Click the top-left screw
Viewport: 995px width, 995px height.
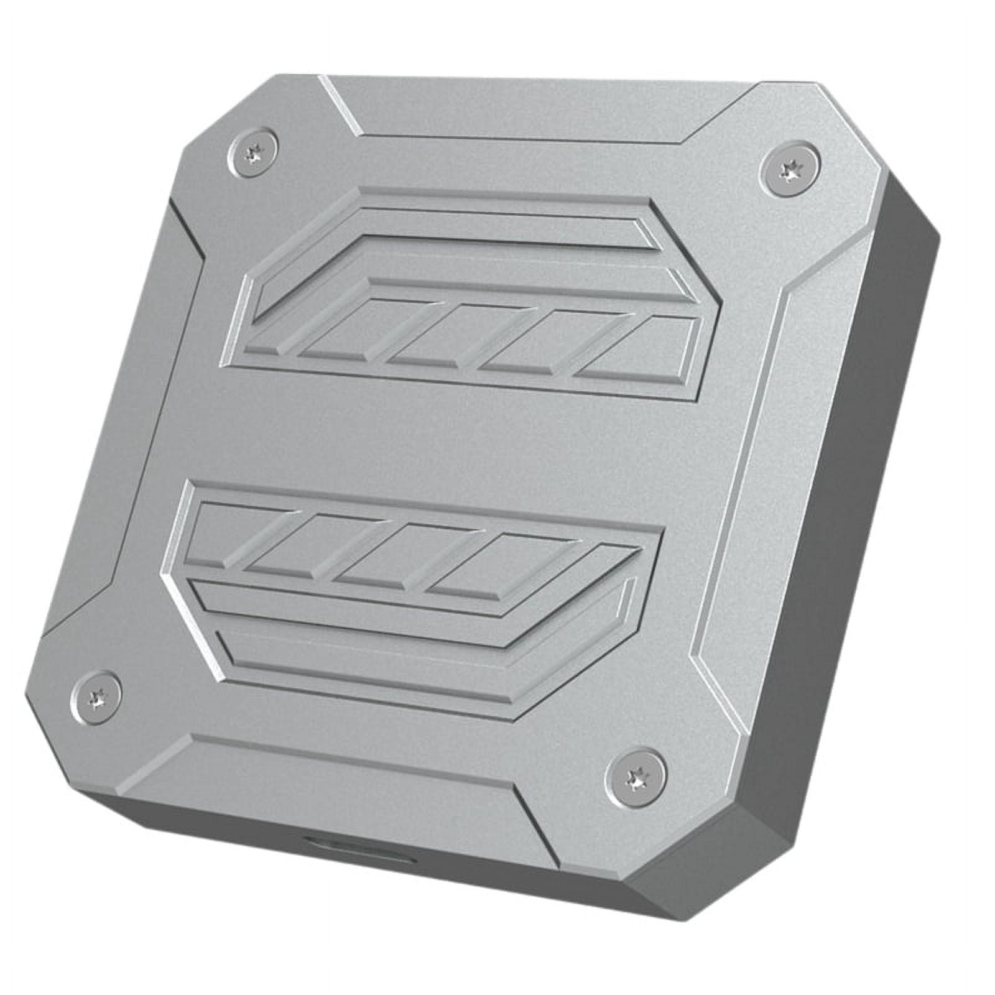(x=254, y=150)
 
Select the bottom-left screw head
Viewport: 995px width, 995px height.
(x=96, y=694)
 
